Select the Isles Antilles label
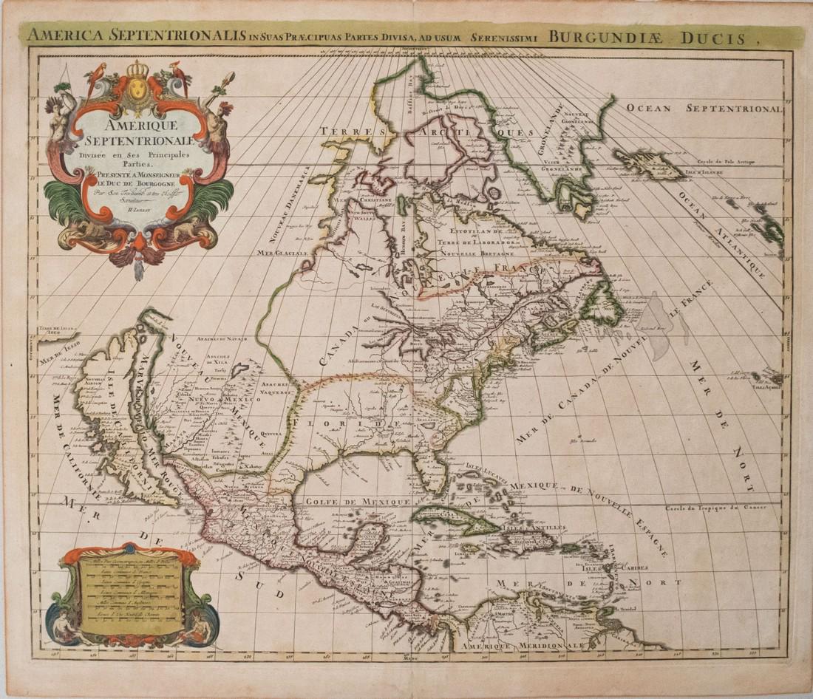[534, 528]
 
